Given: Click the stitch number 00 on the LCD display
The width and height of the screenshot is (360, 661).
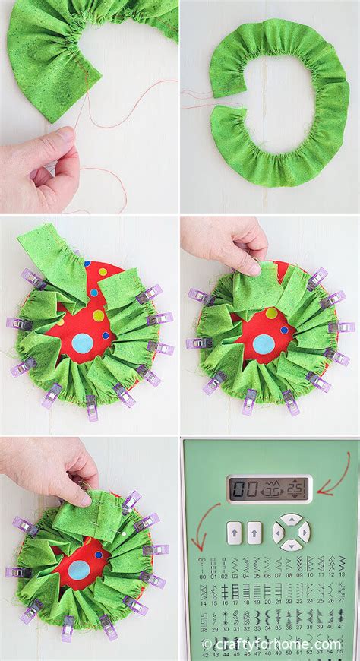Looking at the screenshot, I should click(242, 488).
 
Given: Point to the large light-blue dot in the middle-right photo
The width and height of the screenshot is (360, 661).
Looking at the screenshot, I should click(262, 344).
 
